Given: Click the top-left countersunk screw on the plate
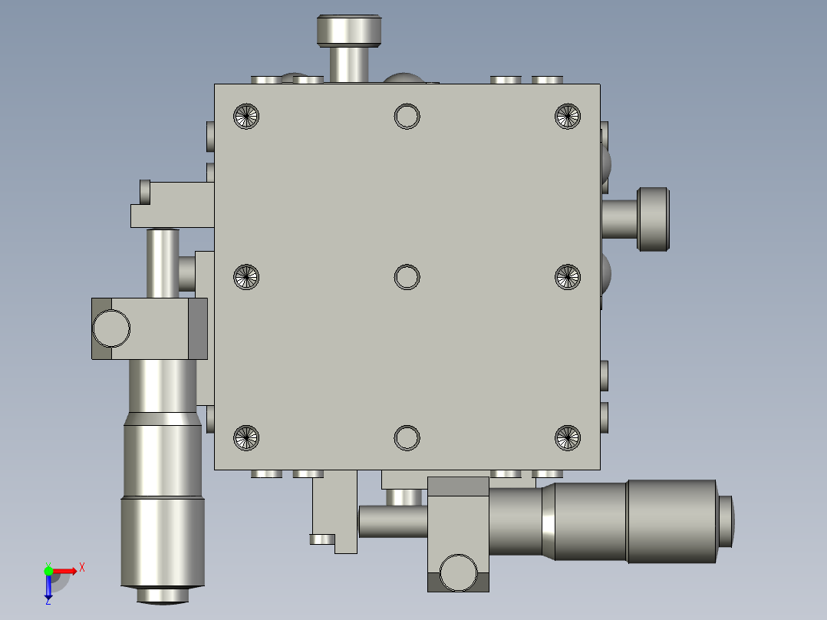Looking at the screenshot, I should click(246, 116).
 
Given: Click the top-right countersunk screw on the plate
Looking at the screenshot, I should click(567, 116).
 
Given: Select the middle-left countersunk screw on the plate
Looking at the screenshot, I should click(246, 277).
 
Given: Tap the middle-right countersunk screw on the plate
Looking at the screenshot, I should click(567, 277).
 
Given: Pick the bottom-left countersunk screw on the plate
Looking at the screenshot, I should click(246, 437).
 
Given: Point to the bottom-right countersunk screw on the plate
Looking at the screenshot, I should click(567, 437).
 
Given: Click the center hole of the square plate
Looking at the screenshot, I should click(407, 277).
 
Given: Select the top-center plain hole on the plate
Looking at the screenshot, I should click(407, 116).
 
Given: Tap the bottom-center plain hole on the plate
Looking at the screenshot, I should click(407, 437).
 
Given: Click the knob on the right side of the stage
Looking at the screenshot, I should click(654, 219).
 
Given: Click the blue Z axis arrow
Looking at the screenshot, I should click(48, 588).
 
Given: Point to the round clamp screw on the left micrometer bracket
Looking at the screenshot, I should click(111, 328).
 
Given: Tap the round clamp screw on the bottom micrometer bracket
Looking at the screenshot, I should click(457, 572).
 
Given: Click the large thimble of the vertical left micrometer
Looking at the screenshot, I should click(163, 541).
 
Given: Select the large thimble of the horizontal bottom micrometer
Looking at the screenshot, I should click(671, 521).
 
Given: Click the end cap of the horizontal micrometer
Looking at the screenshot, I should click(726, 521).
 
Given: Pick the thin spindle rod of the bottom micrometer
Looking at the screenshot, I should click(392, 521).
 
